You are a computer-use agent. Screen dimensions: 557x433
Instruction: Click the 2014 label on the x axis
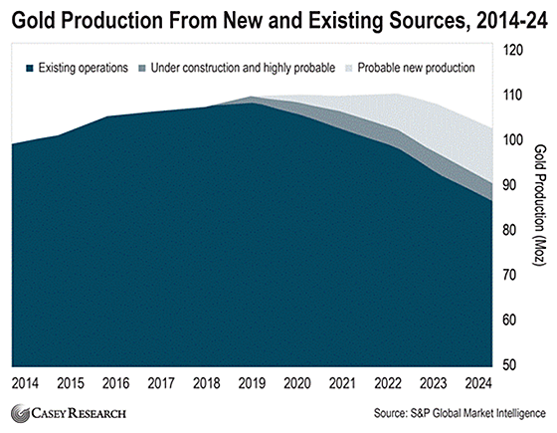click(25, 383)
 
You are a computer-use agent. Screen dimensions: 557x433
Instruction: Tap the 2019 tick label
click(252, 383)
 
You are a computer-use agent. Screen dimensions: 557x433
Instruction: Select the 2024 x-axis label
click(478, 383)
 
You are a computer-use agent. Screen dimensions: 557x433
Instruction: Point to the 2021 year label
click(342, 383)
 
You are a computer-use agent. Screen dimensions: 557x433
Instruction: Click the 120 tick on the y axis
click(513, 50)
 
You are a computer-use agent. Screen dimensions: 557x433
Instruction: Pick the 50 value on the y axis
click(509, 364)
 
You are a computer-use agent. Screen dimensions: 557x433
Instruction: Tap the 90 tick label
click(509, 185)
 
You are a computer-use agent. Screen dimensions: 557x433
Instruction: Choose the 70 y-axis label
click(509, 275)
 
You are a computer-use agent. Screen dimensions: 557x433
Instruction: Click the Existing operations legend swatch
click(30, 68)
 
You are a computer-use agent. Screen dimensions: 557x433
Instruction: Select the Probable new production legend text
click(416, 68)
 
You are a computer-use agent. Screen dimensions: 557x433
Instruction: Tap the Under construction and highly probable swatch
click(142, 68)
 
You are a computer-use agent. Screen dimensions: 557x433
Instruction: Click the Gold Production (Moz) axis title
click(539, 205)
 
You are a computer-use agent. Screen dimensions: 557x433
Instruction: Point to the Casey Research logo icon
click(20, 413)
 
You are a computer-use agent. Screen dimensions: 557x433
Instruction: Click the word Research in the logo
click(96, 413)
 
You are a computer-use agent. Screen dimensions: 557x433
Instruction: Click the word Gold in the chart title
click(34, 20)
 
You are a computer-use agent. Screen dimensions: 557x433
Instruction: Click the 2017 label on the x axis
click(161, 383)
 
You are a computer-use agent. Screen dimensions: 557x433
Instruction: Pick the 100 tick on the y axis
click(513, 140)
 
